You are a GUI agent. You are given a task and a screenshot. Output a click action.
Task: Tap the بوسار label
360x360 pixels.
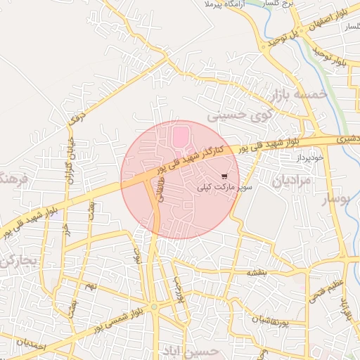(x=335, y=200)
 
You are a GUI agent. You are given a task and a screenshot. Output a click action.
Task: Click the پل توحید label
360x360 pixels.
(x=288, y=34)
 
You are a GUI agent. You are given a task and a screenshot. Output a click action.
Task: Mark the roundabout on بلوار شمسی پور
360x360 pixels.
(x=154, y=307)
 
